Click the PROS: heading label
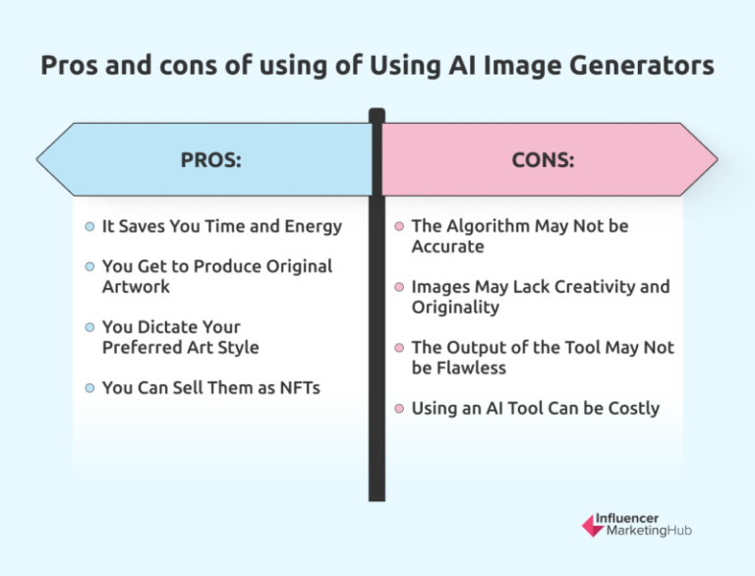tap(210, 159)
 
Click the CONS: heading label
tap(542, 159)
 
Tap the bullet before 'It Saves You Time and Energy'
tap(90, 226)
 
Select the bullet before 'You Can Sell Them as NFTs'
tap(90, 388)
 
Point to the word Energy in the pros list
tap(313, 226)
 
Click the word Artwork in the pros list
tap(136, 286)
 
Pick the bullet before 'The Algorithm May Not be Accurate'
tap(399, 226)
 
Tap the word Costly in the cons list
tap(632, 407)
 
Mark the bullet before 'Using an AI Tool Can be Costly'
tap(399, 408)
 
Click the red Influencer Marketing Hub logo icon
tap(594, 525)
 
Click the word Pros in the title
tap(70, 67)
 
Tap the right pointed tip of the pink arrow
tap(716, 159)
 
